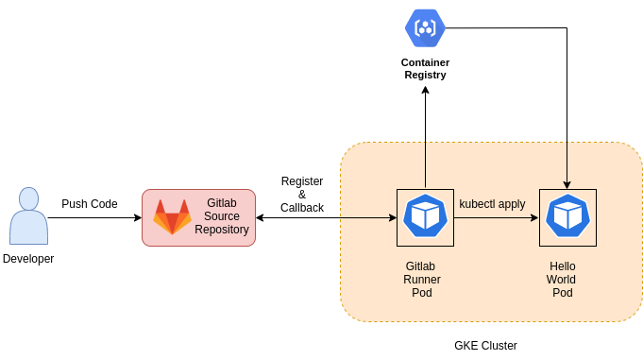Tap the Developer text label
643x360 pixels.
click(x=28, y=259)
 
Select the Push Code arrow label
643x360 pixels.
click(x=90, y=204)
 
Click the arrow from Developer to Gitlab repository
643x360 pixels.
click(x=94, y=218)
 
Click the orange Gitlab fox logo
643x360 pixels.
click(x=172, y=216)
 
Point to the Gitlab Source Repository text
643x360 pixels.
click(x=222, y=216)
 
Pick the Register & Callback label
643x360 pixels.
click(x=302, y=194)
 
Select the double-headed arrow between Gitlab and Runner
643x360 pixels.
click(x=326, y=218)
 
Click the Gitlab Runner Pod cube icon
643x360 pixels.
click(x=425, y=217)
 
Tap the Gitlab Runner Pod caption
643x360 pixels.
click(x=422, y=279)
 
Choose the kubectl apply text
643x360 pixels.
click(x=492, y=204)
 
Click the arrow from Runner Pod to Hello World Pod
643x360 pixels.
click(x=496, y=218)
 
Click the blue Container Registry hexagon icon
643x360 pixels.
click(x=425, y=27)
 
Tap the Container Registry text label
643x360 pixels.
click(x=425, y=69)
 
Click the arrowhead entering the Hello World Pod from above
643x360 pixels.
click(x=567, y=184)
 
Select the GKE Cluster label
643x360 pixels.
click(x=485, y=346)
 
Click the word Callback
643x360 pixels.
click(x=302, y=208)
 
